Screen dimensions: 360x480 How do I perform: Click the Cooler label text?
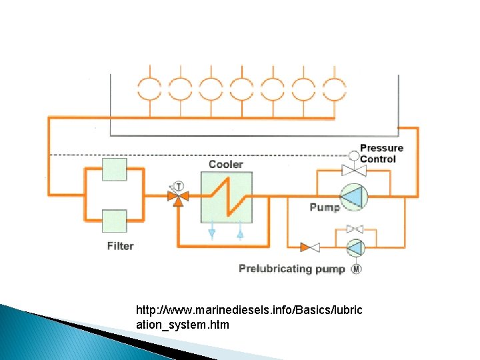(225, 164)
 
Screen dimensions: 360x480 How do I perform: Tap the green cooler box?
(227, 197)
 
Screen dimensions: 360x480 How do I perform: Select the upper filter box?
(114, 169)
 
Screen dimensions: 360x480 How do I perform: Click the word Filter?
(120, 246)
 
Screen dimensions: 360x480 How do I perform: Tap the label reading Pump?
(324, 207)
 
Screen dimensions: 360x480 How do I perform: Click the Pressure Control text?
(381, 153)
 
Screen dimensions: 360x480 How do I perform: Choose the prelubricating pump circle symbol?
(355, 247)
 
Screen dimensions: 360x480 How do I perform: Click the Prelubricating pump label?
(292, 269)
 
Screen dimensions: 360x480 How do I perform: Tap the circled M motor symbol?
(356, 269)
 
